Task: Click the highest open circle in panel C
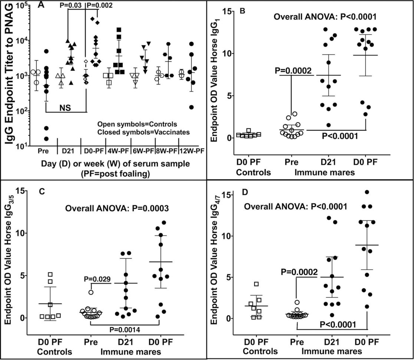[91, 292]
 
